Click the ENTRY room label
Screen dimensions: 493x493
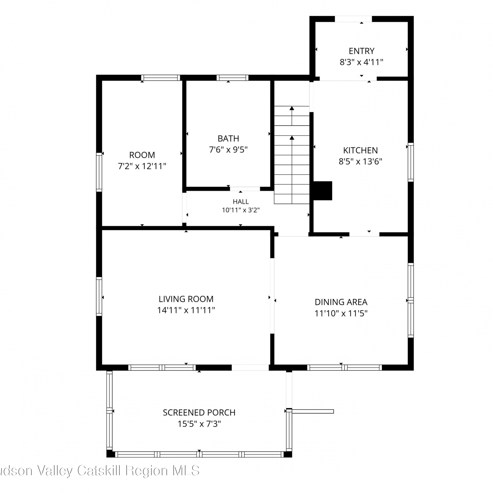(362, 51)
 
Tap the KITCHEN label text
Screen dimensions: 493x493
(361, 151)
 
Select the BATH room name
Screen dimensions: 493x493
(228, 138)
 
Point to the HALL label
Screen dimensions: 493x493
(241, 201)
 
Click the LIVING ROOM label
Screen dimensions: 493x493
(186, 299)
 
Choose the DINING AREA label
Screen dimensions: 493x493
(341, 302)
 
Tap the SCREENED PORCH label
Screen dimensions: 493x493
(199, 412)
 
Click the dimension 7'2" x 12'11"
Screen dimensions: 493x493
(142, 166)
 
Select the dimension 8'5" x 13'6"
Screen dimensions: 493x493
(361, 161)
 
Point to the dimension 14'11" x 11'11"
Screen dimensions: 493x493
(186, 310)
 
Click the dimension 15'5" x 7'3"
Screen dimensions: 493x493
(199, 424)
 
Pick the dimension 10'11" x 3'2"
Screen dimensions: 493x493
(241, 210)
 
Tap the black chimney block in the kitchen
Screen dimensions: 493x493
(323, 191)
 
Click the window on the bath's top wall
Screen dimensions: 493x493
(232, 78)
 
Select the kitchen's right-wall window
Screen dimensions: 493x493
(411, 162)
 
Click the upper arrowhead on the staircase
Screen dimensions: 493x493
(292, 108)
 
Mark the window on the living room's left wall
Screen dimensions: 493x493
(99, 297)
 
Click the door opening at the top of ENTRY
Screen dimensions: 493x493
(353, 19)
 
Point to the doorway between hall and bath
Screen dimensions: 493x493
(245, 189)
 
